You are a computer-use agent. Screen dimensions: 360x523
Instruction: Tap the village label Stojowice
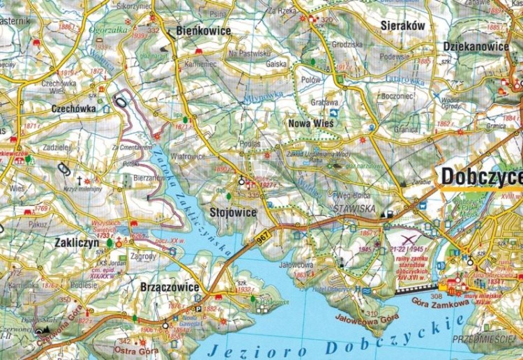233,212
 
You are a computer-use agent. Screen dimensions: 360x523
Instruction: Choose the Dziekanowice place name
476,47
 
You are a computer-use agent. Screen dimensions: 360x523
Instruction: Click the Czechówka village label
74,109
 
